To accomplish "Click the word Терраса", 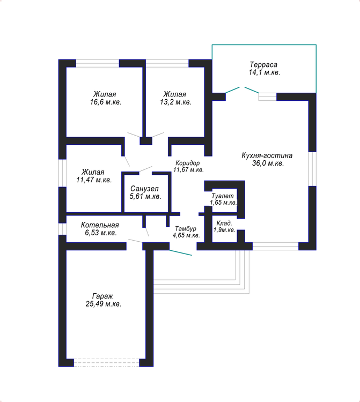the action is click(263, 64).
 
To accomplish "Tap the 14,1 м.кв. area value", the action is click(265, 72).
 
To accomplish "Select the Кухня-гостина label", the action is click(267, 155).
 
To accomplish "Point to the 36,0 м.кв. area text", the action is click(268, 163).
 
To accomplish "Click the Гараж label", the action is click(102, 296).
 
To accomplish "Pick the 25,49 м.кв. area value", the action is click(104, 304).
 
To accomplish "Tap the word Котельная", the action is click(100, 225).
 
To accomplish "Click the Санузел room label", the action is click(144, 189).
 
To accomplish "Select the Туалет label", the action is click(223, 196).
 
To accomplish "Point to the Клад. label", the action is click(224, 223).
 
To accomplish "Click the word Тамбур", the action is click(186, 228).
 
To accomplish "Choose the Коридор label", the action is click(188, 163).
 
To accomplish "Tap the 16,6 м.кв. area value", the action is click(106, 102).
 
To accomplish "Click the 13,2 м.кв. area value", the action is click(176, 102).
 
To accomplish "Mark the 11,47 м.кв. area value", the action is click(94, 180).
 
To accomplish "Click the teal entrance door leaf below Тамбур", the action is click(180, 252).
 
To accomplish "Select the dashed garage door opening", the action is click(106, 362).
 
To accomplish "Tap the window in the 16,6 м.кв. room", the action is click(98, 63).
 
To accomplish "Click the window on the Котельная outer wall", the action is click(62, 229).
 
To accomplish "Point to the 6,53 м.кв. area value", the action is click(101, 233).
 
